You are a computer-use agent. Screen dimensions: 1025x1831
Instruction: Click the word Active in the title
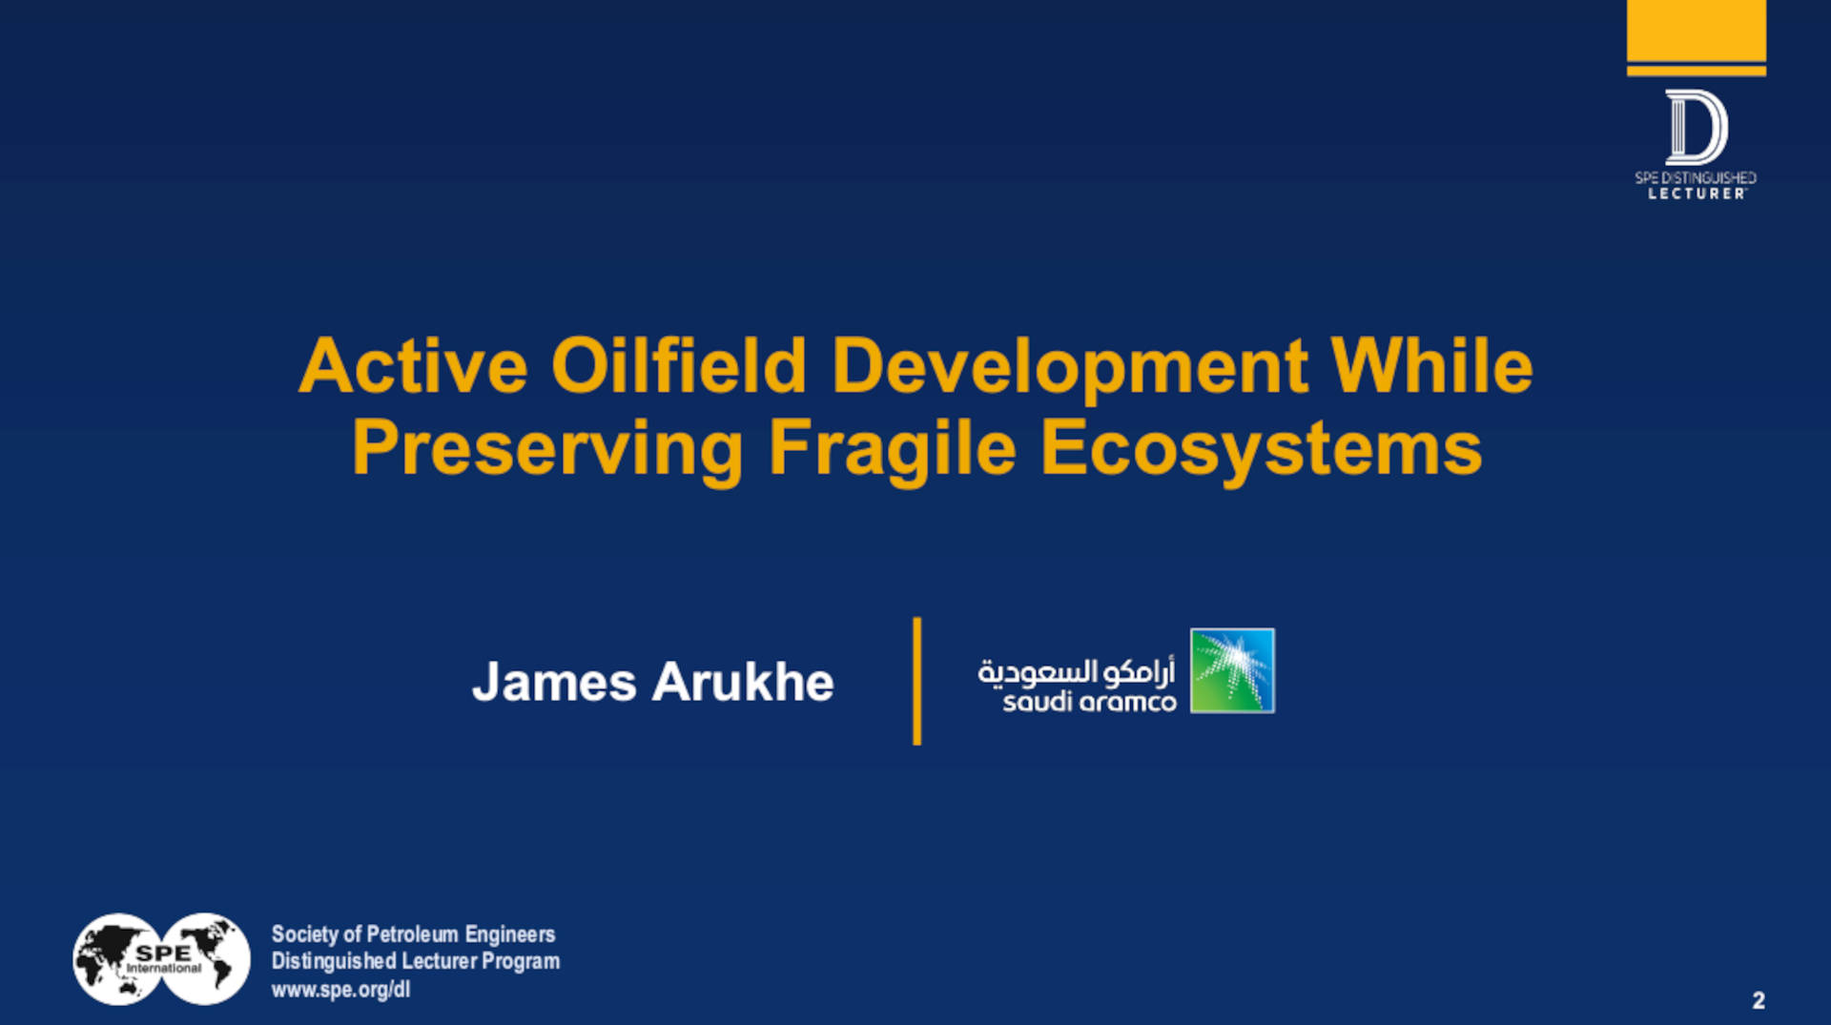click(413, 366)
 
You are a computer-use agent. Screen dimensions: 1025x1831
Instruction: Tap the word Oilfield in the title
click(678, 366)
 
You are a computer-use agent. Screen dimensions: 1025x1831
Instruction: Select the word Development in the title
click(1069, 366)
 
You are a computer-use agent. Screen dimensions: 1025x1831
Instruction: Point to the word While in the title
click(1431, 366)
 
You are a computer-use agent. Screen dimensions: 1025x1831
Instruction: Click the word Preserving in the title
click(547, 448)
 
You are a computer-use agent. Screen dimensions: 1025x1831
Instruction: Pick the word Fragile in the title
click(892, 448)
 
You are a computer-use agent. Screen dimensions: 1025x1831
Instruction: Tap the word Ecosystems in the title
click(1261, 448)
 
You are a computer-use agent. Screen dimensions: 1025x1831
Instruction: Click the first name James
click(554, 683)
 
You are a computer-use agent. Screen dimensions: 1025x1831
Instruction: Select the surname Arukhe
click(743, 683)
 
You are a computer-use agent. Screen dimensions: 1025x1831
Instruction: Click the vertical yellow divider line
click(916, 681)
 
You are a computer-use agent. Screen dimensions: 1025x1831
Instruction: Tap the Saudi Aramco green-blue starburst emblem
click(1232, 670)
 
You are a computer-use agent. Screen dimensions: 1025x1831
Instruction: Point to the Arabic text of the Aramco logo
click(1076, 671)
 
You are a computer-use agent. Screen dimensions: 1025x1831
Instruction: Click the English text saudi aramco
click(1089, 704)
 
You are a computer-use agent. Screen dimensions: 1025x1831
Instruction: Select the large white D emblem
click(1696, 127)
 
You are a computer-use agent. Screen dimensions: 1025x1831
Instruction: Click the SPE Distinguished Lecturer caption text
click(1696, 185)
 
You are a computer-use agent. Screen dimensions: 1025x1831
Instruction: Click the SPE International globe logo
click(161, 959)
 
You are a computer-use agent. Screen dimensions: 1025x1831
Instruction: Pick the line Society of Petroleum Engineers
click(413, 934)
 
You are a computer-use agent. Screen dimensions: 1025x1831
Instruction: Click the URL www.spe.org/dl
click(340, 990)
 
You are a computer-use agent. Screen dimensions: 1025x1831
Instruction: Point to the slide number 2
click(1758, 1000)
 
